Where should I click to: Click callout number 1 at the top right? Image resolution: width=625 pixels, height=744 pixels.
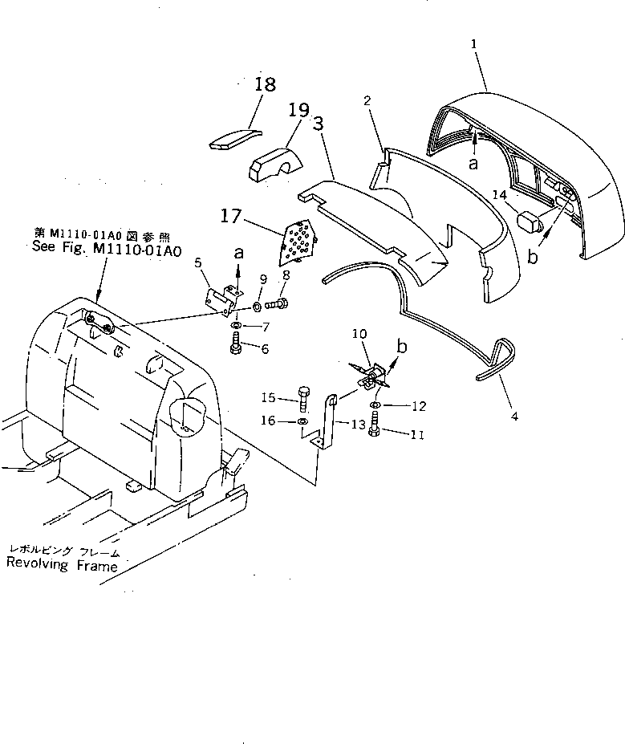(x=475, y=36)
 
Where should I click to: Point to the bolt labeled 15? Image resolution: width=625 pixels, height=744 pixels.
(x=304, y=398)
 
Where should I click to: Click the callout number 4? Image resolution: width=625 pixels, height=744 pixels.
(x=514, y=417)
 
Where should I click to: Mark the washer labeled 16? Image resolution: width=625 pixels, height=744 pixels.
(x=302, y=421)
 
